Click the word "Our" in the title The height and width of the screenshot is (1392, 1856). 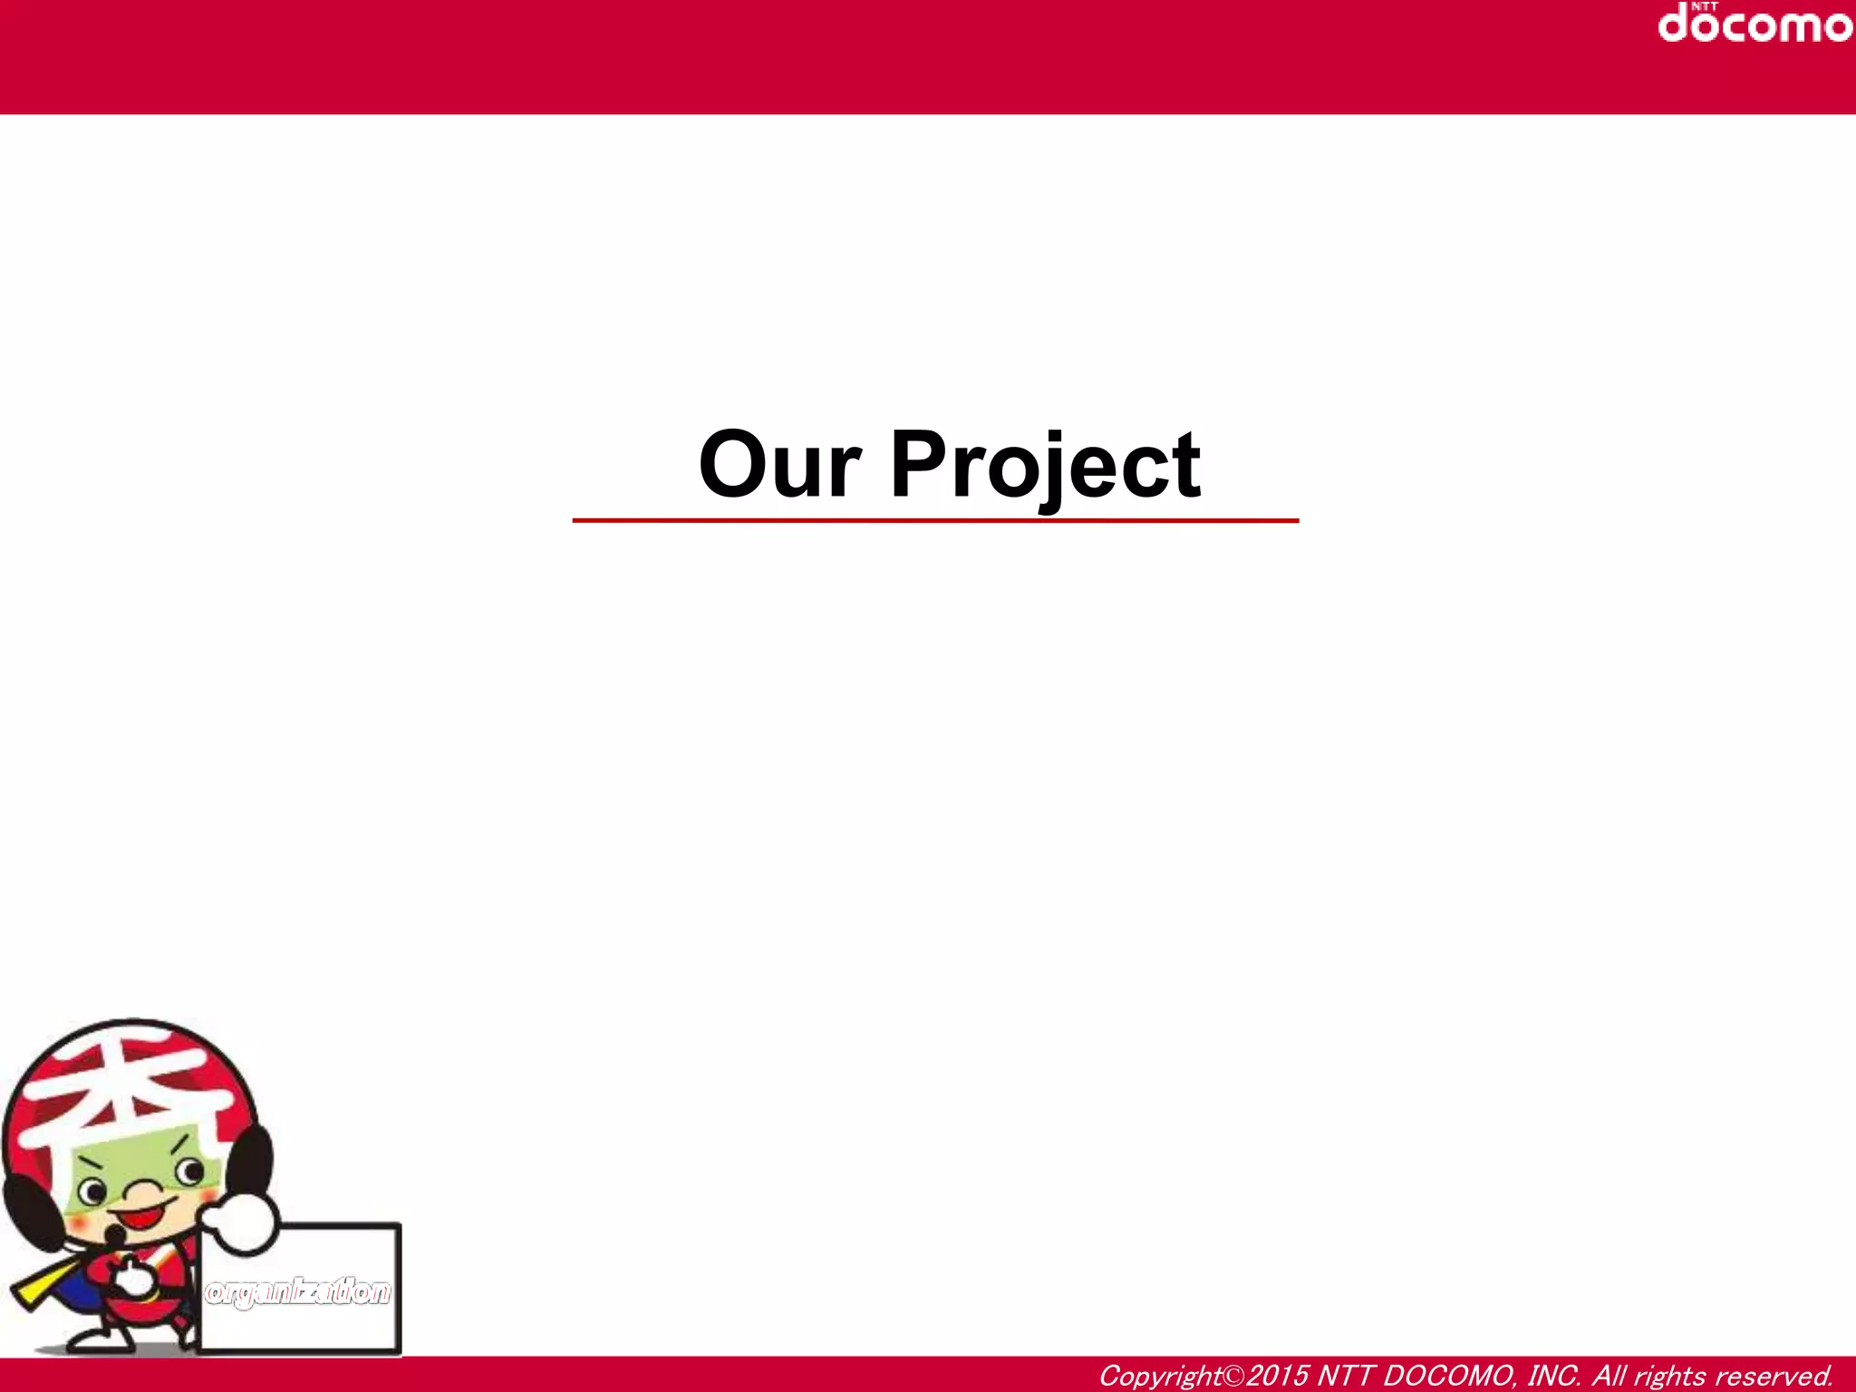click(x=778, y=465)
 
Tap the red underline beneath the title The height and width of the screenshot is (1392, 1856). click(x=935, y=521)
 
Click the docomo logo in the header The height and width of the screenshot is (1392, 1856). click(x=1754, y=24)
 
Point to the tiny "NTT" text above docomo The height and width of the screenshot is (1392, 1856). click(x=1704, y=5)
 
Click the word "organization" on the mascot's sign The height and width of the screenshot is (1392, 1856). click(x=298, y=1291)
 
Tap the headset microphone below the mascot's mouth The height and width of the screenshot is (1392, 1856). click(x=115, y=1234)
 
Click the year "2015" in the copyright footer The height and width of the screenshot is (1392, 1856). click(x=1278, y=1376)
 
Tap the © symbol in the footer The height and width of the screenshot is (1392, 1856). click(x=1234, y=1376)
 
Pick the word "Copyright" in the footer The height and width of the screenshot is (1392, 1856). click(x=1161, y=1376)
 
